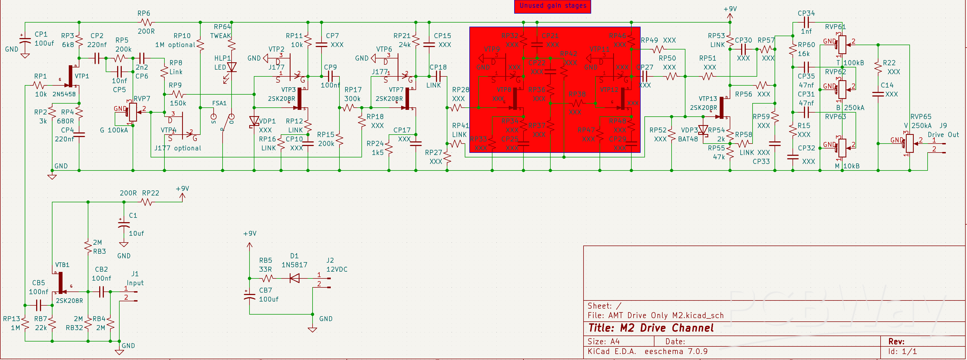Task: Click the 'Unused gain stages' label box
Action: pyautogui.click(x=552, y=6)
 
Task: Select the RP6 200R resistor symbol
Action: pyautogui.click(x=146, y=23)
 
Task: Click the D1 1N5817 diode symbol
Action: pyautogui.click(x=295, y=278)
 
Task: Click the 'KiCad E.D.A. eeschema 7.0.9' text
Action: pyautogui.click(x=648, y=351)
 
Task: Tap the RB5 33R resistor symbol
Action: pyautogui.click(x=267, y=278)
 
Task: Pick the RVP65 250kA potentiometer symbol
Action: pyautogui.click(x=909, y=143)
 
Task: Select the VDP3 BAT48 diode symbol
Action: pyautogui.click(x=703, y=130)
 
